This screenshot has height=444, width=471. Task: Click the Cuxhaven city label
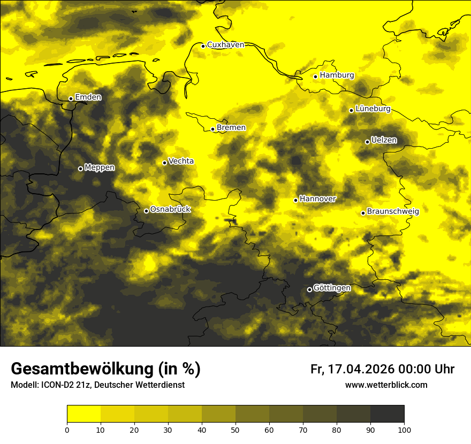[x=225, y=45]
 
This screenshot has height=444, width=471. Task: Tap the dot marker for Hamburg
[x=315, y=76]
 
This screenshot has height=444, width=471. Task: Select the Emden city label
[x=88, y=97]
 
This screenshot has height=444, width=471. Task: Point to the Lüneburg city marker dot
[x=351, y=110]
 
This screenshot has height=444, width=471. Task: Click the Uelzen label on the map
[x=384, y=141]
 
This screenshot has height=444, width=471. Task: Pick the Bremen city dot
[x=212, y=129]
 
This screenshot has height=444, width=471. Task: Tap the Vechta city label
[x=181, y=162]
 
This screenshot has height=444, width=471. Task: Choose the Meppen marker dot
[x=80, y=169]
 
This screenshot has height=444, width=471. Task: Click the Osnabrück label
[x=170, y=210]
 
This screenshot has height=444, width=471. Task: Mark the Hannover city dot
[x=295, y=200]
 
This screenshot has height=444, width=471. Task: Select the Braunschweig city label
[x=393, y=212]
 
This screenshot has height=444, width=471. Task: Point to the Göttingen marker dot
[x=309, y=289]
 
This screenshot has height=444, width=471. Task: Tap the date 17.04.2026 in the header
[x=360, y=369]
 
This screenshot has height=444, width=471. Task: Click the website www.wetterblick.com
[x=386, y=385]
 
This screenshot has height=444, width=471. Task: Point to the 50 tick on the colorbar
[x=236, y=429]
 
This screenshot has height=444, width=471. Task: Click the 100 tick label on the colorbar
[x=404, y=429]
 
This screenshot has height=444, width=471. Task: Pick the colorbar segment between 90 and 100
[x=387, y=414]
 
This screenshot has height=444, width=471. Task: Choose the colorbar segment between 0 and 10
[x=84, y=414]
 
